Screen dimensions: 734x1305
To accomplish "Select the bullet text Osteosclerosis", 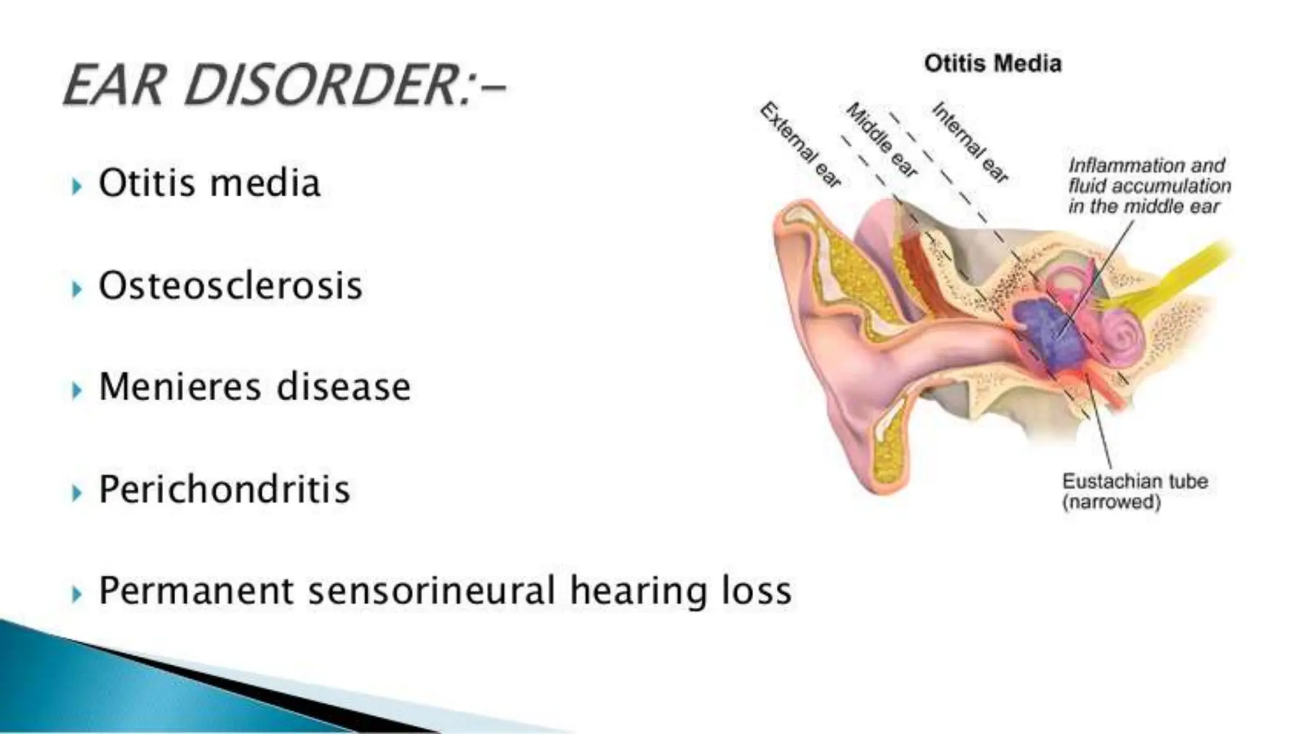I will [x=231, y=285].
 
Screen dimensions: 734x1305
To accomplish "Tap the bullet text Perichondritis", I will [x=224, y=489].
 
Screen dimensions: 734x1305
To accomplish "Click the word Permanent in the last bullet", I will [x=196, y=591].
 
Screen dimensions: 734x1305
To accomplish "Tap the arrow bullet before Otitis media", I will [x=77, y=187].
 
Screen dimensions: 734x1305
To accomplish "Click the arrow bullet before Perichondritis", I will [x=77, y=493].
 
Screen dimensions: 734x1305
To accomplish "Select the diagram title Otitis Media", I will [x=993, y=64].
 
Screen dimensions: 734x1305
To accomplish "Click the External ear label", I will [x=800, y=145].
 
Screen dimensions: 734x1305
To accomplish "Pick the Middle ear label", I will [x=882, y=140].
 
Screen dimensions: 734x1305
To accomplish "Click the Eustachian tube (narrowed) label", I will [x=1134, y=491].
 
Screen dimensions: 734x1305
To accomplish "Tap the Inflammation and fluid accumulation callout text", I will [x=1149, y=186].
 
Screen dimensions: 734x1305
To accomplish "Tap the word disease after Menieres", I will [x=343, y=387].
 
